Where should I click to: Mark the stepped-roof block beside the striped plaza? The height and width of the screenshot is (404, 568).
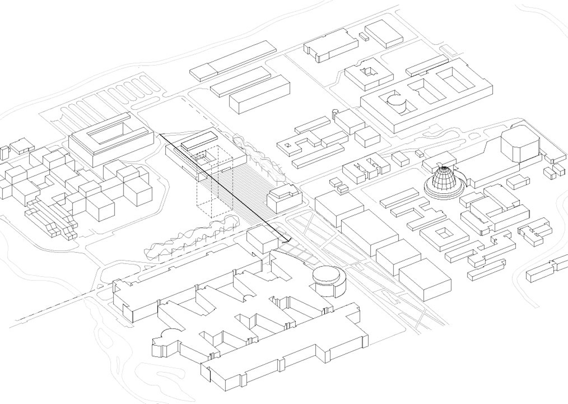pos(283,198)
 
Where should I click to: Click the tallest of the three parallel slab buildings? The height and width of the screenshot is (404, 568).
pos(259,95)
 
